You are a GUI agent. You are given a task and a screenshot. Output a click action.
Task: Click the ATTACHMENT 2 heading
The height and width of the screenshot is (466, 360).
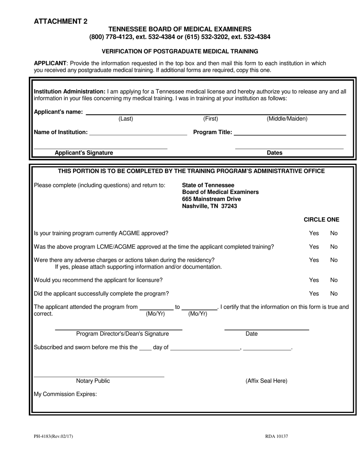click(x=61, y=22)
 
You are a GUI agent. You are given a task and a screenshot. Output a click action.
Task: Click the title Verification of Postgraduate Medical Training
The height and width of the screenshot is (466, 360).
click(x=180, y=51)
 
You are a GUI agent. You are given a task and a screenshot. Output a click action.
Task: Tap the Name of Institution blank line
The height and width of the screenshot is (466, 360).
click(x=138, y=133)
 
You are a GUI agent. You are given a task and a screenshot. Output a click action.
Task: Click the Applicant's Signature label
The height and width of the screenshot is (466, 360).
click(x=84, y=153)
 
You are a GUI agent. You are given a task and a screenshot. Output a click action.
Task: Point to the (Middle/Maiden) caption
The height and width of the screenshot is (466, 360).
click(x=287, y=119)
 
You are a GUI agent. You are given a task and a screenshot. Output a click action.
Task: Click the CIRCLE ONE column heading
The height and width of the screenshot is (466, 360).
click(x=321, y=220)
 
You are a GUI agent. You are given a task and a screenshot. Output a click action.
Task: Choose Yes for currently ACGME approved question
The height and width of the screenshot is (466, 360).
click(x=314, y=233)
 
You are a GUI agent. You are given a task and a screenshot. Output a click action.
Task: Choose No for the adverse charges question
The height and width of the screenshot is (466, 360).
click(x=334, y=260)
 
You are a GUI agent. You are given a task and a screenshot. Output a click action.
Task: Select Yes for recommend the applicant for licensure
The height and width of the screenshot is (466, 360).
click(x=314, y=280)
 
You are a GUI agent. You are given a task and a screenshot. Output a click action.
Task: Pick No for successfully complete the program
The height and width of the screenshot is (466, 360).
click(x=334, y=294)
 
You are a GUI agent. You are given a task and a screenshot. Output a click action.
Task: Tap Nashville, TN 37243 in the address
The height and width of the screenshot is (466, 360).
click(x=210, y=206)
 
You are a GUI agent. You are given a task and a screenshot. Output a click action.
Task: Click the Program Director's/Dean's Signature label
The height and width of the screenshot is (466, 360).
click(x=122, y=334)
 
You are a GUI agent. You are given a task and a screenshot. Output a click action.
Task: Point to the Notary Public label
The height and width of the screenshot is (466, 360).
click(x=93, y=381)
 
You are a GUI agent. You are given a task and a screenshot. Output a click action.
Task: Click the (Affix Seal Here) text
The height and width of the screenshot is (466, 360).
click(x=266, y=381)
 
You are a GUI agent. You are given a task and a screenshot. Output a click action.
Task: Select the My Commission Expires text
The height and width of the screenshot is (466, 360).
click(x=66, y=394)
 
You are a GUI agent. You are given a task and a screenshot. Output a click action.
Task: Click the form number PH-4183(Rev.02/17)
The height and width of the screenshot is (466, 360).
click(x=53, y=436)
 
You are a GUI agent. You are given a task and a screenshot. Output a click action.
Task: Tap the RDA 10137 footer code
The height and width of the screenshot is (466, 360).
click(x=277, y=436)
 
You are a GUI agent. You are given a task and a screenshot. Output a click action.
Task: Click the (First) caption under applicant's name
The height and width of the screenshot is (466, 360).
click(x=211, y=119)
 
